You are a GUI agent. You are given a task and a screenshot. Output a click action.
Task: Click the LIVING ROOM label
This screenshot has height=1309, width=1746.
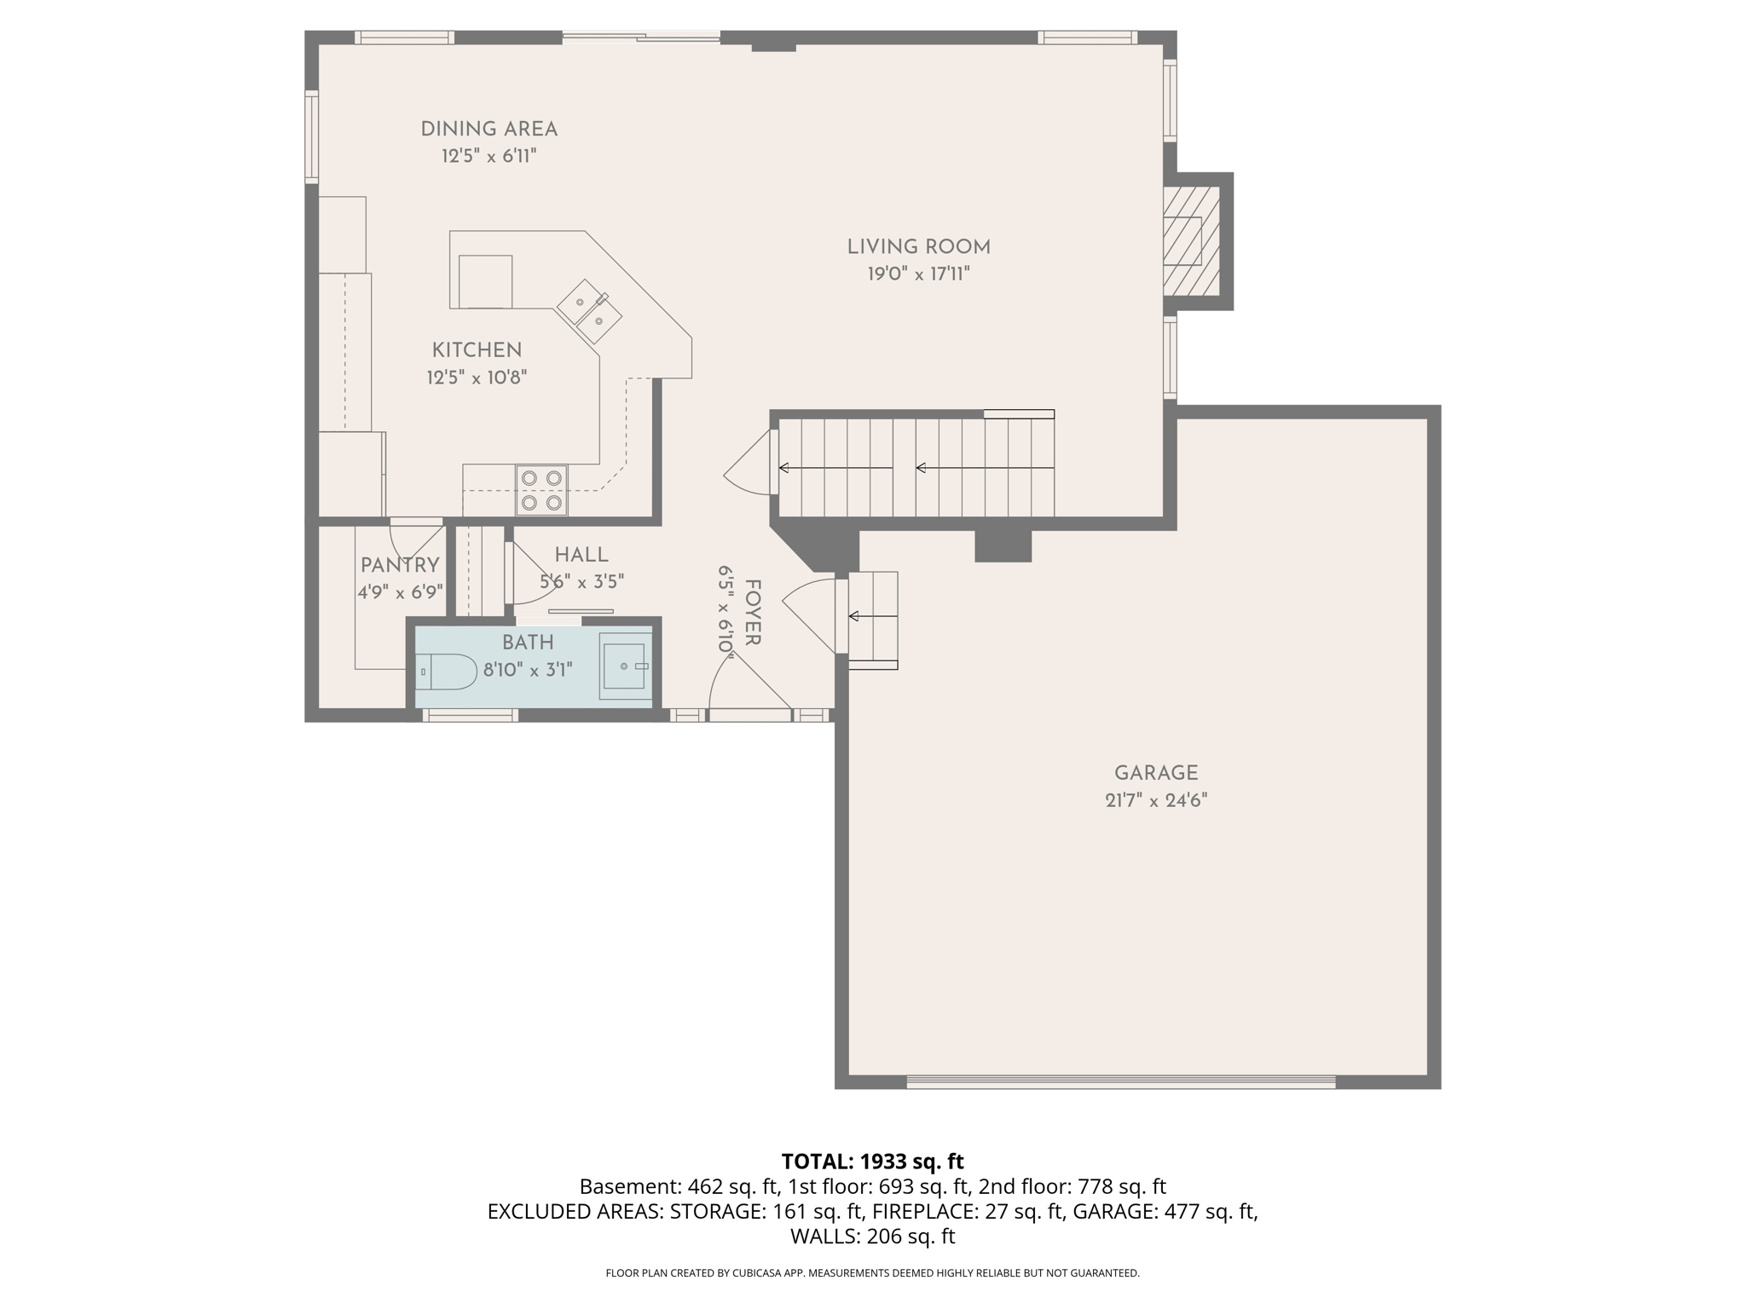(x=918, y=247)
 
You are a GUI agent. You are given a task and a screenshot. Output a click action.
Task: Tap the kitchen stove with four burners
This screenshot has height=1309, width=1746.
(x=541, y=490)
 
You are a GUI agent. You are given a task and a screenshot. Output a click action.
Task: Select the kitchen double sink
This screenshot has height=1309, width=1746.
(x=590, y=312)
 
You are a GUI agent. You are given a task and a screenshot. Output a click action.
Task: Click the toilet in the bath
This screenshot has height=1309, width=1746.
(x=447, y=672)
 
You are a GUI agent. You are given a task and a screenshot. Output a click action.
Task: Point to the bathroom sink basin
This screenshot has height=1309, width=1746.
(x=625, y=666)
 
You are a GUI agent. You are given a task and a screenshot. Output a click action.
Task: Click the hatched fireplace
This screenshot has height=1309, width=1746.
(x=1191, y=241)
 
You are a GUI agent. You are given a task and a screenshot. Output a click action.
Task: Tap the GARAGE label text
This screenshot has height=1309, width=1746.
(x=1156, y=773)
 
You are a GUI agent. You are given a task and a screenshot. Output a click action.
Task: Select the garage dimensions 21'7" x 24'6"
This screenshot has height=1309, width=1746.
(x=1156, y=800)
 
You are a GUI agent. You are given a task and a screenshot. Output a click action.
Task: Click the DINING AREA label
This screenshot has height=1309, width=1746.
(x=489, y=130)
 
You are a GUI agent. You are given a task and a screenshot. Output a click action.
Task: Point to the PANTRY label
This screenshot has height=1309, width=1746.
(x=400, y=565)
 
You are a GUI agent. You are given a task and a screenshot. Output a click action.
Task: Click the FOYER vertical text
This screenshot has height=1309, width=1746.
(x=752, y=612)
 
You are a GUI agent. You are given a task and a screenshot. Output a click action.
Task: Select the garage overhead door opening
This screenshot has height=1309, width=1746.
(x=1120, y=1081)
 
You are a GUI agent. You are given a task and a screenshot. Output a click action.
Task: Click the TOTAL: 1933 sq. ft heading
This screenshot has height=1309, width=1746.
(x=872, y=1161)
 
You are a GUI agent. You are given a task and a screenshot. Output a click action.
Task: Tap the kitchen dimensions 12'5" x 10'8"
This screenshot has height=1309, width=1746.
(x=477, y=378)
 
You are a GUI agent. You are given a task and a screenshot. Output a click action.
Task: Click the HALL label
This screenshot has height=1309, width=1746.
(x=581, y=555)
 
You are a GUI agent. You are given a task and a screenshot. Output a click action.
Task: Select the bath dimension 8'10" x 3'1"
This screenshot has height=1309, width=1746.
(x=528, y=670)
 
